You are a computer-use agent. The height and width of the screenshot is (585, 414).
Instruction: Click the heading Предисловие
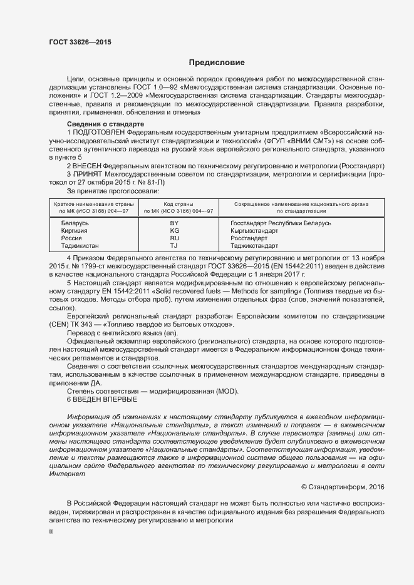coord(217,63)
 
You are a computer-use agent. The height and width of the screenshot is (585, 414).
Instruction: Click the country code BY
coord(175,223)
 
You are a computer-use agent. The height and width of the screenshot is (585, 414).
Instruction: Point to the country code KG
coord(175,231)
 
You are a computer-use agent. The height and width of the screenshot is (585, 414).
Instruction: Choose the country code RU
coord(175,238)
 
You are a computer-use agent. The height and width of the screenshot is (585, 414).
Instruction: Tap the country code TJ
coord(175,246)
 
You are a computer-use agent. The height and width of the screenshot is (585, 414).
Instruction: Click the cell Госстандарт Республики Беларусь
coord(281,223)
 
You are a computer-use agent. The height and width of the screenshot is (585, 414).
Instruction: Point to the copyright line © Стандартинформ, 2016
coord(343,486)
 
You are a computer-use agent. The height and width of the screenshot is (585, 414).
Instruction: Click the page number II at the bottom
coord(51,531)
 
